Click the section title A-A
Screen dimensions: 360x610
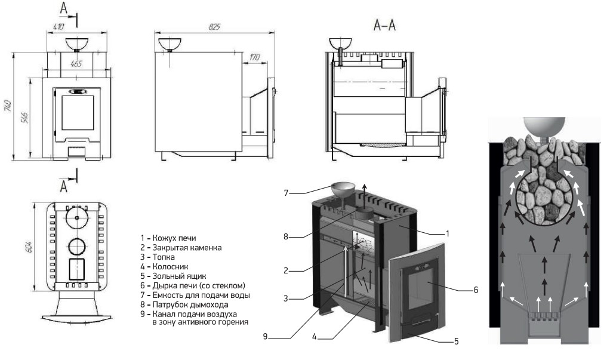(384, 25)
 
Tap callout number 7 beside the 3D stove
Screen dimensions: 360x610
(286, 192)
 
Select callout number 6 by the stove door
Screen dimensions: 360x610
(476, 290)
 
